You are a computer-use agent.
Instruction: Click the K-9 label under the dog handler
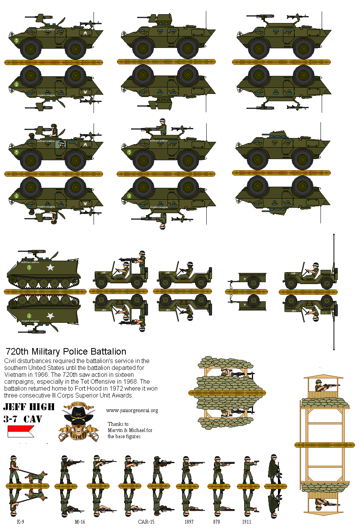tap(20, 522)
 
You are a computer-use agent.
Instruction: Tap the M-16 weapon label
tap(80, 522)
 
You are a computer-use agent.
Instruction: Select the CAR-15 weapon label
tap(146, 522)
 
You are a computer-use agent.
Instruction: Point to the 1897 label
tap(189, 522)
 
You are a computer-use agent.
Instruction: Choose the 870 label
tap(217, 522)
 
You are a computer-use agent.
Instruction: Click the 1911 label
tap(247, 522)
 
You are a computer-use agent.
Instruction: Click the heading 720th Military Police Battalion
tap(66, 352)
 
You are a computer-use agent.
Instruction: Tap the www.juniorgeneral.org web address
tap(132, 410)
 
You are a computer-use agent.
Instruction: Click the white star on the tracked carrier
tap(50, 267)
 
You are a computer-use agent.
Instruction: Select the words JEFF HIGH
tap(29, 407)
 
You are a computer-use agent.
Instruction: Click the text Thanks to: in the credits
tap(118, 424)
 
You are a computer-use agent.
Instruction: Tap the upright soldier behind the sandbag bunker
tap(225, 372)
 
